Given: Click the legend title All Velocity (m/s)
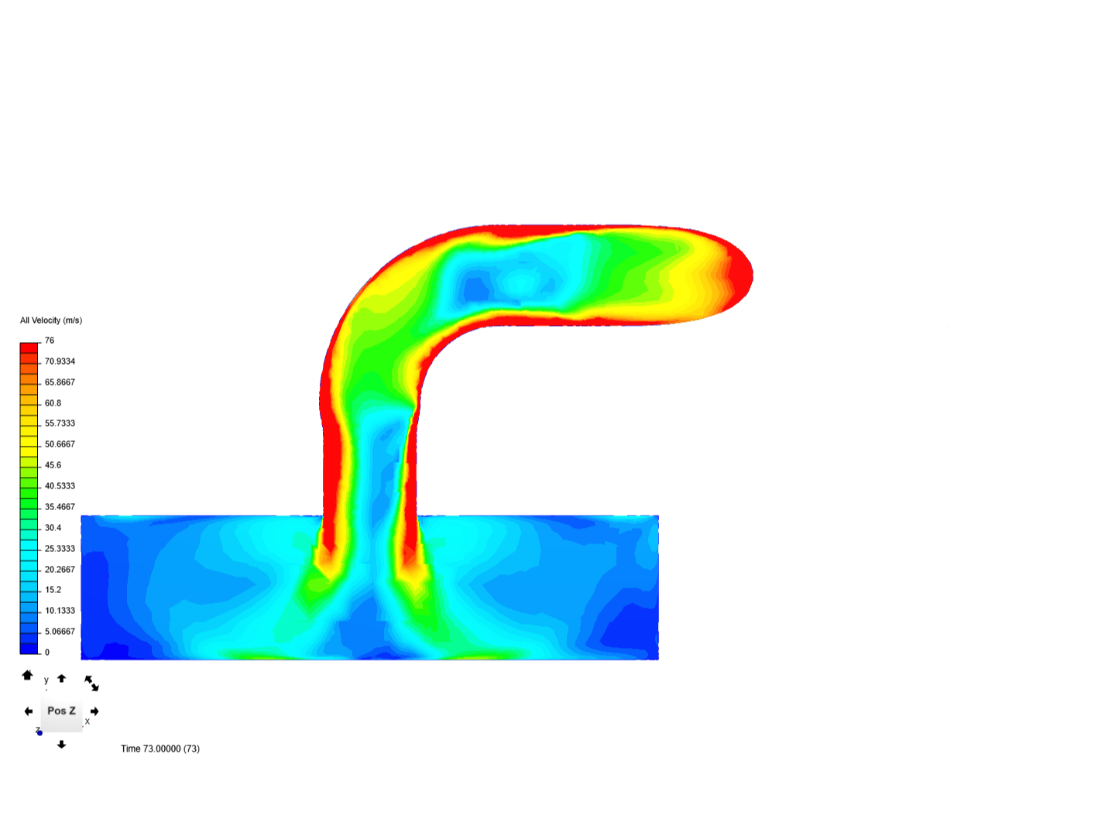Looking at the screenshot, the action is pos(51,320).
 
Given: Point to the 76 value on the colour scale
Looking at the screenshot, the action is pos(50,341).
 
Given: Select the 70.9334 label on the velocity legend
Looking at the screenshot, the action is pos(60,361).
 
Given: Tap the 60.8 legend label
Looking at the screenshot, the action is pos(53,403).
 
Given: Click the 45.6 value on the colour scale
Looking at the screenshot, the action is pos(53,465).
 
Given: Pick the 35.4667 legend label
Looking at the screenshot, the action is pos(60,506).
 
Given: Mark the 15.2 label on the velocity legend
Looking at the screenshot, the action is pos(53,590).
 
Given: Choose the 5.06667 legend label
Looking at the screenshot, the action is pos(60,632).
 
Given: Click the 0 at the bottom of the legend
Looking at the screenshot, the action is pos(47,653).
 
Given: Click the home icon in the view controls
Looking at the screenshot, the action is pos(27,675).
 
